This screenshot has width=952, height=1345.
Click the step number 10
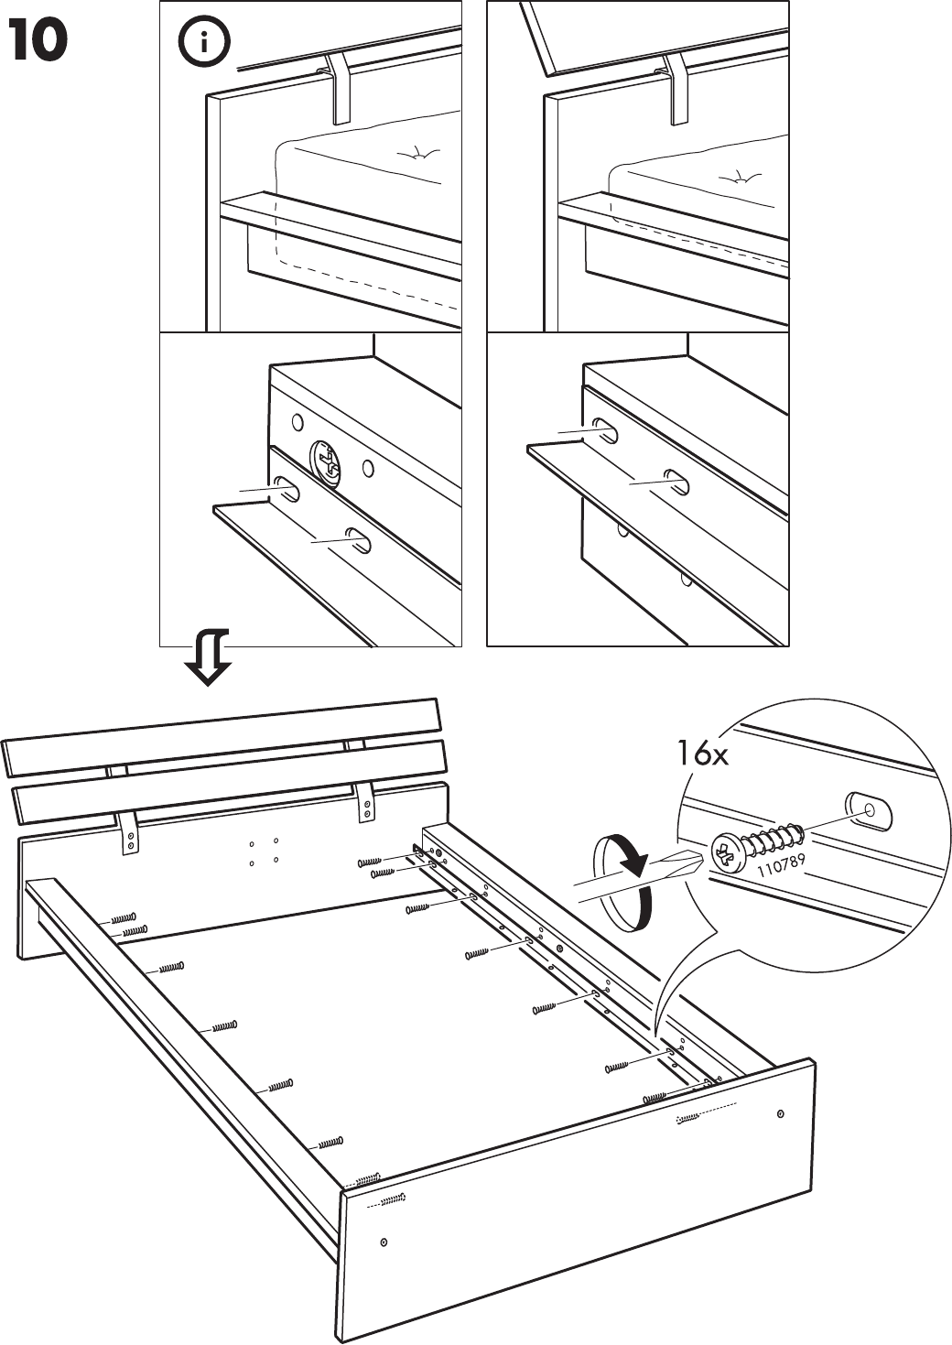tap(38, 41)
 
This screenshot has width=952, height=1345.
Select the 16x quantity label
tap(702, 754)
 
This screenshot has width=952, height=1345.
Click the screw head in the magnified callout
tap(726, 854)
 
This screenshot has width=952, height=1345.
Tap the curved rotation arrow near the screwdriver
tap(622, 881)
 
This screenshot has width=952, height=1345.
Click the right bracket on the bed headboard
tap(365, 801)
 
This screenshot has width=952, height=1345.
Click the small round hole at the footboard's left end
tap(384, 1242)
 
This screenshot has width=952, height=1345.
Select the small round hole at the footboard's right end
tap(780, 1113)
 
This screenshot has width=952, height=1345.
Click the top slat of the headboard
tap(224, 737)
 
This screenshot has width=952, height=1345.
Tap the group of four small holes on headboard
tap(264, 851)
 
